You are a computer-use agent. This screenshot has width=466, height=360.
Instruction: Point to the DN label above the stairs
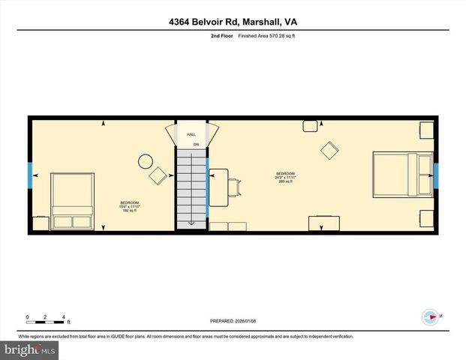click(x=196, y=144)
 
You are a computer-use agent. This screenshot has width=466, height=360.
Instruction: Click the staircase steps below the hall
click(x=191, y=187)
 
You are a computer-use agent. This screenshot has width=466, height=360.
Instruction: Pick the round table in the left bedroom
click(x=145, y=160)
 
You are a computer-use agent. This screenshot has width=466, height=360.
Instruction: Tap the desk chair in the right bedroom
click(x=235, y=184)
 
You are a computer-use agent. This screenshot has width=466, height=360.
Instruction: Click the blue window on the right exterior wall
click(x=436, y=176)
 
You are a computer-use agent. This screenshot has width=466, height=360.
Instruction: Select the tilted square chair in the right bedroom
click(x=329, y=150)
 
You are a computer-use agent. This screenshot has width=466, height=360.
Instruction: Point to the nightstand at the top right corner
click(x=426, y=130)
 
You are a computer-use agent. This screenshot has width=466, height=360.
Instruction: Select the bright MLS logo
click(x=30, y=350)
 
